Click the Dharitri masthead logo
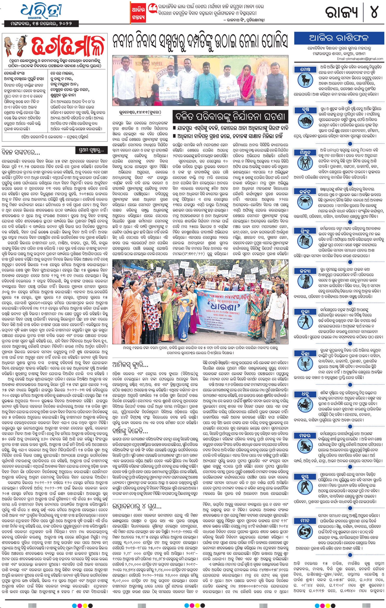coord(42,11)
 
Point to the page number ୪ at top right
coord(374,12)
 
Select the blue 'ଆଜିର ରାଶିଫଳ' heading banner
coord(339,38)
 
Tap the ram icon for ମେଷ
coord(305,80)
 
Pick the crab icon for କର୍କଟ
coord(305,202)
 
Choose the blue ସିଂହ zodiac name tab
coord(305,231)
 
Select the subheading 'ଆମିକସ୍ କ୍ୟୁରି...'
coord(130,364)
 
